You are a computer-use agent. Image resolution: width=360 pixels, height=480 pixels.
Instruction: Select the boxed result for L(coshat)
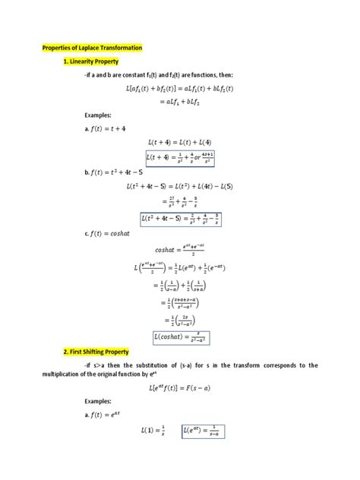pyautogui.click(x=180, y=337)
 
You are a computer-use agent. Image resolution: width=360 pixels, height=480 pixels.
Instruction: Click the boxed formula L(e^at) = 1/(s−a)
pyautogui.click(x=204, y=431)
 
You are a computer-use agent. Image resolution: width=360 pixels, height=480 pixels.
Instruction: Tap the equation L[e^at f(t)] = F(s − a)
pyautogui.click(x=181, y=387)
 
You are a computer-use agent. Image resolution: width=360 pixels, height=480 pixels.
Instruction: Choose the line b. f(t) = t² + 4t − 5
pyautogui.click(x=115, y=172)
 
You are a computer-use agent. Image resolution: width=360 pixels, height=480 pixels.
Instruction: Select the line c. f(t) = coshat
pyautogui.click(x=110, y=234)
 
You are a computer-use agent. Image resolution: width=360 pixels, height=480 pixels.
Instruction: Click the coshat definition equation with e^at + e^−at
pyautogui.click(x=180, y=250)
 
